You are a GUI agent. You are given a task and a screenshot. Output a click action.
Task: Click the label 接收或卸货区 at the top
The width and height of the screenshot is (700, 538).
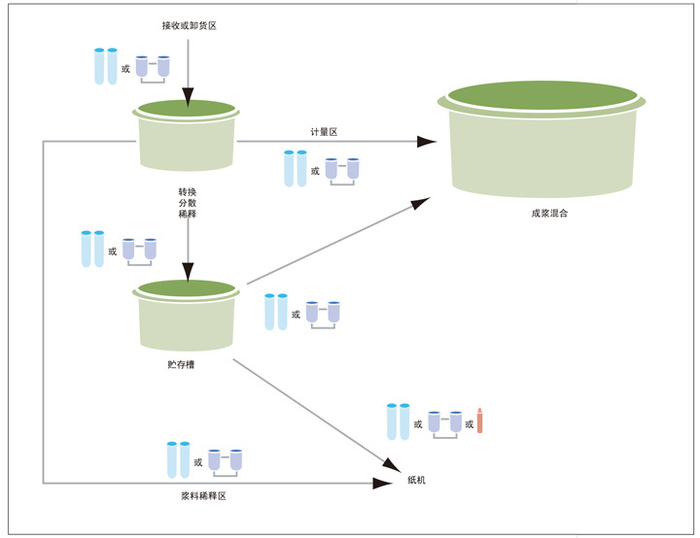[189, 25]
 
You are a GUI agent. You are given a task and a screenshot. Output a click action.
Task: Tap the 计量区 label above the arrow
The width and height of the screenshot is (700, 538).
[324, 131]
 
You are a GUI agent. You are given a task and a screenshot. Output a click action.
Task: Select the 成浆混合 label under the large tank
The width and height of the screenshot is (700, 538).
[550, 213]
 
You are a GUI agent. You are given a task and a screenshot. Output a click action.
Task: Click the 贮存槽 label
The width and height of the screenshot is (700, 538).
[181, 365]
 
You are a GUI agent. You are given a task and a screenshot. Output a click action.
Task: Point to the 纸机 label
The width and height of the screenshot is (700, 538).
[416, 481]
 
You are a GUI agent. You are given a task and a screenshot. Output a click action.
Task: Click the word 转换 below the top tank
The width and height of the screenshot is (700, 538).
[188, 191]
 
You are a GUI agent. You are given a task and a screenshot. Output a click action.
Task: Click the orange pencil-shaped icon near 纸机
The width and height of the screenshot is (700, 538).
[480, 420]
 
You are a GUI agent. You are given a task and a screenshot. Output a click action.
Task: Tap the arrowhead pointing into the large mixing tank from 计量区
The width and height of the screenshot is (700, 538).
[427, 142]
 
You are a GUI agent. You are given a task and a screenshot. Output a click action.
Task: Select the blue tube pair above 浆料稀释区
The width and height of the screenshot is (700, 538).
[178, 460]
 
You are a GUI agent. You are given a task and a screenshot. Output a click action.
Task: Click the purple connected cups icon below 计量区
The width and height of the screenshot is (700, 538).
[341, 169]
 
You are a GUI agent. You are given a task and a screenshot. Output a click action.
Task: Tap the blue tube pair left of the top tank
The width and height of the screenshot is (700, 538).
[106, 66]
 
